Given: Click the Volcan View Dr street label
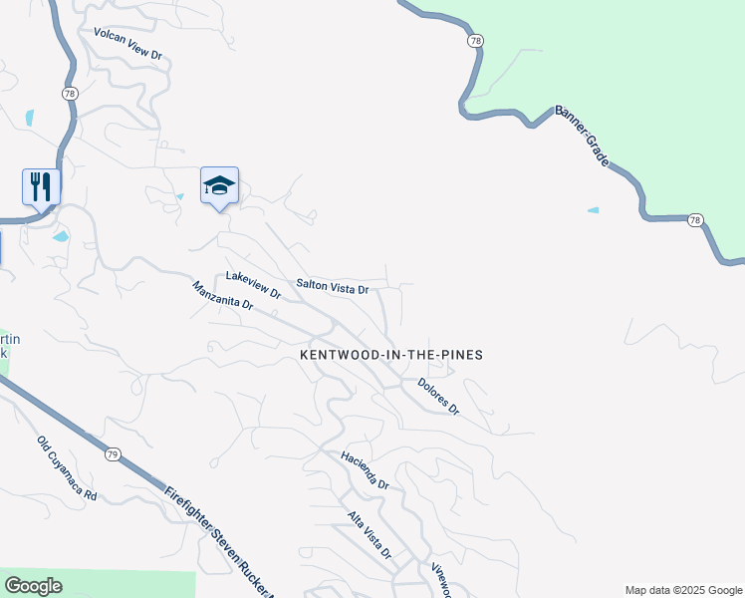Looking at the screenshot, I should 127,44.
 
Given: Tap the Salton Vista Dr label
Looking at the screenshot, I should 333,287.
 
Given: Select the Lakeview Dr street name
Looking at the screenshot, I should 253,284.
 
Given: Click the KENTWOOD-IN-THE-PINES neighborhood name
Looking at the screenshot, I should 392,355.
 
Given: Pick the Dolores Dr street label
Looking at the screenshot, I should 438,396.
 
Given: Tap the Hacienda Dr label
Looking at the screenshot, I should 364,469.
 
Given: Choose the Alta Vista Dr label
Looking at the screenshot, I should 369,534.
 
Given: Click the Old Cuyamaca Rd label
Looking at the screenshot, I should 67,467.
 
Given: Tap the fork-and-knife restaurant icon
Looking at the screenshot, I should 41,185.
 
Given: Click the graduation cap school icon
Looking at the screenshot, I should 219,185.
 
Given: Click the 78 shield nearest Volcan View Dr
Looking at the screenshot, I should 70,93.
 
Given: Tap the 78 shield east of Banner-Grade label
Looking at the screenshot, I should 694,219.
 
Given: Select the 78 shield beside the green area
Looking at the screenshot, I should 476,41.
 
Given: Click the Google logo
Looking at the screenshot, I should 33,586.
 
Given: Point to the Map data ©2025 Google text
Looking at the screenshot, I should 683,590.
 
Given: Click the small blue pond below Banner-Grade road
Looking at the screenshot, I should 594,210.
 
